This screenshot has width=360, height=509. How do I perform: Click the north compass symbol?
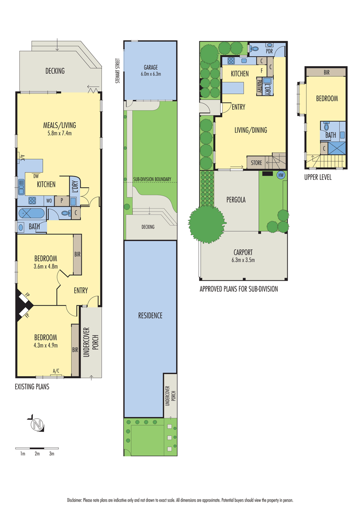36,424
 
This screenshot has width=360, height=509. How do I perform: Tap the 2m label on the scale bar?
37,454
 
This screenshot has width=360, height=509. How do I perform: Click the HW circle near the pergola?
281,175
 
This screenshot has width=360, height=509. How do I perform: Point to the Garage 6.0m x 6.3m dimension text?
150,74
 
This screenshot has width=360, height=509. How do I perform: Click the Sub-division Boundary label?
152,179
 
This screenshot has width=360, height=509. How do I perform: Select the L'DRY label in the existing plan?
74,186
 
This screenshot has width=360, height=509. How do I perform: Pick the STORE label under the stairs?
256,163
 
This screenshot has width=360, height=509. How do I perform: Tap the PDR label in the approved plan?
270,51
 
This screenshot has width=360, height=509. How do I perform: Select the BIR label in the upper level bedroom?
326,71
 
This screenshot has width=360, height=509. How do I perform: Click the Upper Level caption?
318,177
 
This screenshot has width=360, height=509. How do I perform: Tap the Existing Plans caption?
32,386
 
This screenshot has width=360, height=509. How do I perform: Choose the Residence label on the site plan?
150,315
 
